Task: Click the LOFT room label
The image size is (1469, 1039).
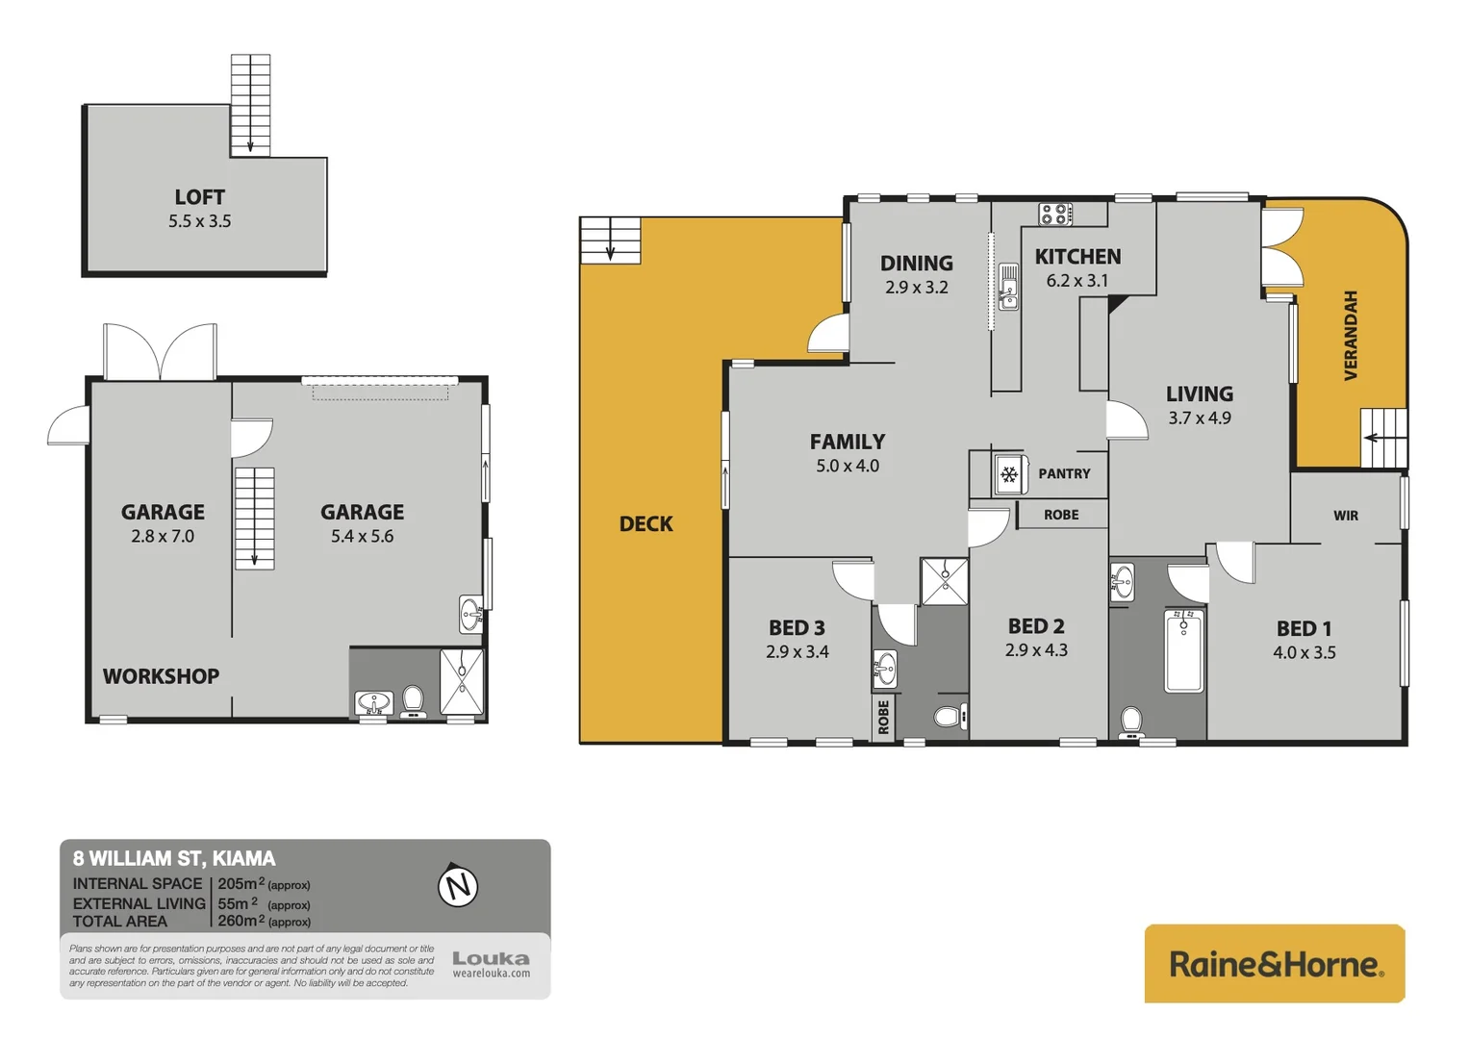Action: click(199, 197)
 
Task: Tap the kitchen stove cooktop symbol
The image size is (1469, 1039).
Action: click(1055, 214)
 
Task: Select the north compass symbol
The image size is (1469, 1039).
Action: click(458, 885)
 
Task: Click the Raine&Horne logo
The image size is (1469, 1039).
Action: click(1275, 964)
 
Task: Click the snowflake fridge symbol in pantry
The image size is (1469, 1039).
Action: click(1009, 474)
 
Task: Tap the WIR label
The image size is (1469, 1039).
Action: click(1345, 516)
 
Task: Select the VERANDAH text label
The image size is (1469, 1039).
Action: click(1351, 336)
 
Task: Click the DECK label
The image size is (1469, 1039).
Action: click(646, 524)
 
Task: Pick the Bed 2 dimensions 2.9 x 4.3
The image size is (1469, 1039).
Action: click(1036, 650)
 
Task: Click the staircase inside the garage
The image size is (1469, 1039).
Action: click(255, 518)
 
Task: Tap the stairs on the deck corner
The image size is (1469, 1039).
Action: click(610, 240)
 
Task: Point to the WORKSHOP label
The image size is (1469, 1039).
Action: click(161, 676)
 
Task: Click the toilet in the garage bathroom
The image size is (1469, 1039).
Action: click(413, 699)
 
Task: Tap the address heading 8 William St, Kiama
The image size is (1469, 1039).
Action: click(174, 858)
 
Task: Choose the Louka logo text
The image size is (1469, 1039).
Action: click(491, 958)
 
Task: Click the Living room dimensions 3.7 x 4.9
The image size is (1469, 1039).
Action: click(1199, 418)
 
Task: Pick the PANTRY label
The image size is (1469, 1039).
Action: click(1064, 474)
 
